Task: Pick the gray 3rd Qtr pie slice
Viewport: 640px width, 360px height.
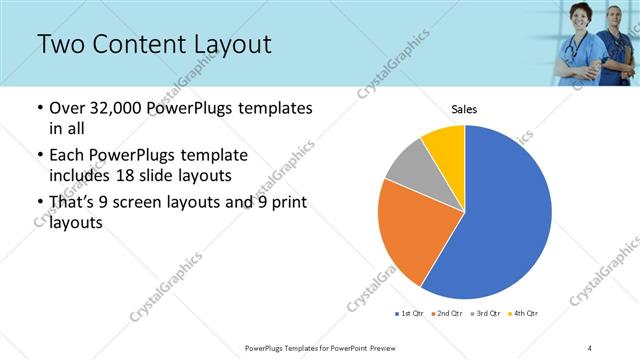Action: pyautogui.click(x=408, y=166)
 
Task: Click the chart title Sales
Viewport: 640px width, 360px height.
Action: pyautogui.click(x=464, y=109)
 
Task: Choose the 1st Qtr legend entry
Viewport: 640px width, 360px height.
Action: pyautogui.click(x=408, y=314)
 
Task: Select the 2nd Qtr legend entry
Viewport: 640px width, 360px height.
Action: pyautogui.click(x=445, y=314)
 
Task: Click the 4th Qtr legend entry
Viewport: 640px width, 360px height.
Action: pyautogui.click(x=524, y=314)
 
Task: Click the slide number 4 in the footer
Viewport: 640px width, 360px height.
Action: pyautogui.click(x=590, y=347)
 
